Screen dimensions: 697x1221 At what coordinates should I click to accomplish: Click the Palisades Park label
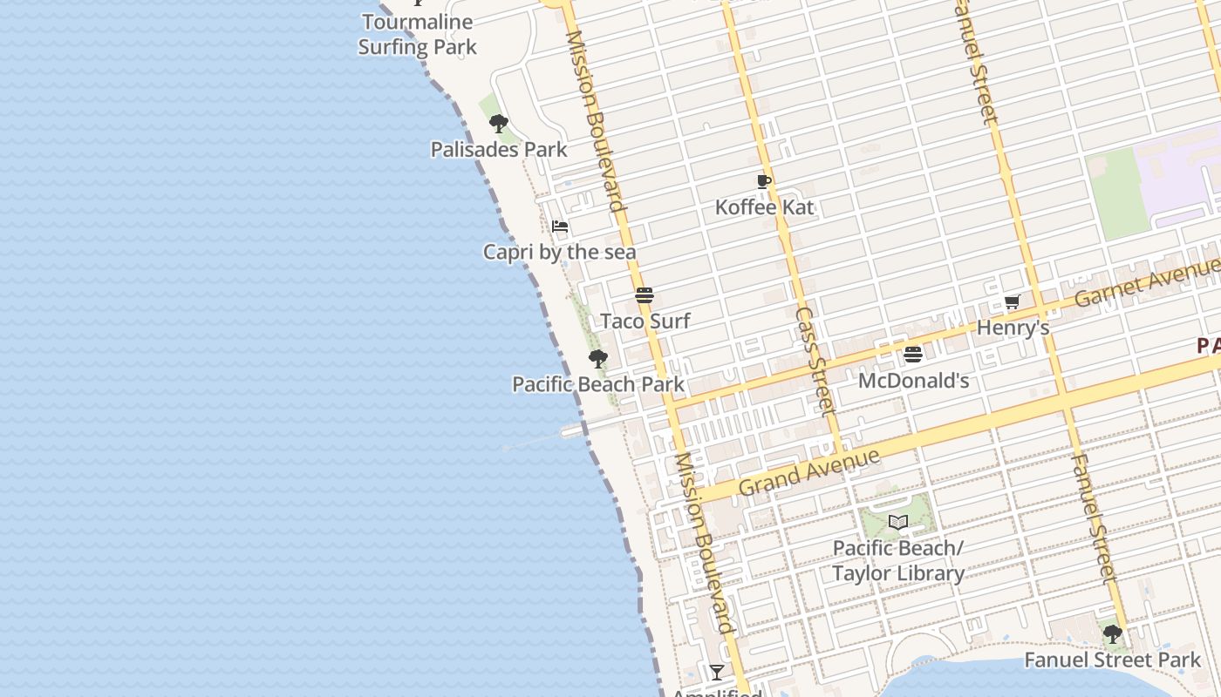[499, 150]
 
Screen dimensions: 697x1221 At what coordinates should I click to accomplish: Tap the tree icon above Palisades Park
[499, 124]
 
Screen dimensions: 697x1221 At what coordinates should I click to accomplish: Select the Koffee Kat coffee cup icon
[764, 181]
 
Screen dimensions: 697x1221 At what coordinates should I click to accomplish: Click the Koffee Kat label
[764, 207]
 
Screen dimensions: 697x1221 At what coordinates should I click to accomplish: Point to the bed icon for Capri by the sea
[560, 227]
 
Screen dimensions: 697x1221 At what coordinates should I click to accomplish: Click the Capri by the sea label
[560, 253]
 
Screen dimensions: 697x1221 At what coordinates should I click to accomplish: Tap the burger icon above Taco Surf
[645, 294]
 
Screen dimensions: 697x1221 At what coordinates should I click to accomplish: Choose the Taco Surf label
[645, 321]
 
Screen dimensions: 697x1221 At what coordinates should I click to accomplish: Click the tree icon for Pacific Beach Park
[598, 359]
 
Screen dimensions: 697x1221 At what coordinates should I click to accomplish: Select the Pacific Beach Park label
[598, 384]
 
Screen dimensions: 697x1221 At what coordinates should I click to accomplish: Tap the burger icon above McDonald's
[913, 355]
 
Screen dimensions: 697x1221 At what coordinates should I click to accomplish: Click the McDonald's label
[913, 381]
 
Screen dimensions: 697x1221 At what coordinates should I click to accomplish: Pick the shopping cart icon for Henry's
[1012, 302]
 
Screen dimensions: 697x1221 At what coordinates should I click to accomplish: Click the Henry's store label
[1012, 328]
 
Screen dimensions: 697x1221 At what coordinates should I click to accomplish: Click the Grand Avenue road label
[808, 471]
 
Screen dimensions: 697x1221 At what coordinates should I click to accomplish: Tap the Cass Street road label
[815, 360]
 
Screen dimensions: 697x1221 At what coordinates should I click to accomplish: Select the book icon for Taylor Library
[898, 522]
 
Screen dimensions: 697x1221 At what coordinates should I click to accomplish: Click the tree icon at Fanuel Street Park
[1113, 634]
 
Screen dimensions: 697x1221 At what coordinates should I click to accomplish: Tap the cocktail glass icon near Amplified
[717, 672]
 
